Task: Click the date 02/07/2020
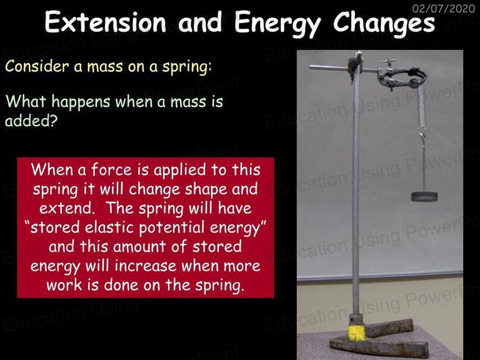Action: (444, 8)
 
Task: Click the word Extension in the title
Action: (105, 22)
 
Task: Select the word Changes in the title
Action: (384, 24)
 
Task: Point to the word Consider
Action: (37, 66)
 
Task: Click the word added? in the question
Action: (31, 121)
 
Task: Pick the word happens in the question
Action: (81, 102)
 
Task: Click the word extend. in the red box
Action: (66, 209)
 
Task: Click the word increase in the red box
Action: (146, 266)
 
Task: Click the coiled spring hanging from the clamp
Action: (422, 107)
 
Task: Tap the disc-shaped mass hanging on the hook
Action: (424, 196)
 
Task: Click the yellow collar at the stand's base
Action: (357, 332)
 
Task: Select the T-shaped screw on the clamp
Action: (389, 62)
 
